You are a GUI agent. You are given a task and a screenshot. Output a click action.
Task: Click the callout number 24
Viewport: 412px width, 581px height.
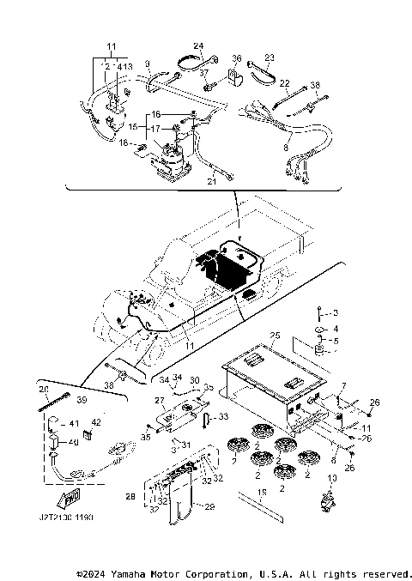click(198, 45)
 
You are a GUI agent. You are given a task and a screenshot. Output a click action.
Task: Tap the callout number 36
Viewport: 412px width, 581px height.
click(237, 58)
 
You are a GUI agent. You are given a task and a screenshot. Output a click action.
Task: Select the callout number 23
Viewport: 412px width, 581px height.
click(269, 58)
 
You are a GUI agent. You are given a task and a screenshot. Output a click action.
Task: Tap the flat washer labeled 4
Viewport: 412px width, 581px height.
click(318, 330)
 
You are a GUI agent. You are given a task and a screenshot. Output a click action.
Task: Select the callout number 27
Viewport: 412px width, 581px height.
click(159, 400)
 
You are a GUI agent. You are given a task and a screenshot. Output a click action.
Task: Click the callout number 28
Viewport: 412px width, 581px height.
click(130, 496)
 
